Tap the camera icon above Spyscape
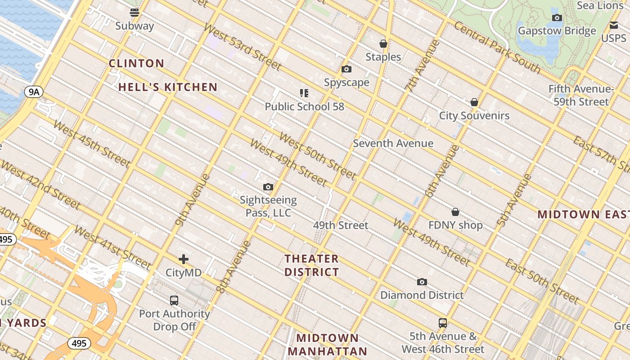[346, 69]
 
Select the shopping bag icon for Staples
[383, 44]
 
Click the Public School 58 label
[304, 107]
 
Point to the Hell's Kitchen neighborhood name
[168, 87]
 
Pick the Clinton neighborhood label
[136, 63]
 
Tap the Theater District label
[311, 265]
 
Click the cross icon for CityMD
[184, 259]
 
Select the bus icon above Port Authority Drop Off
[174, 300]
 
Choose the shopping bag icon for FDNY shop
[455, 212]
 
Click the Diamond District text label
[422, 295]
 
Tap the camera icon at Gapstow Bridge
[557, 18]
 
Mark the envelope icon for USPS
[614, 25]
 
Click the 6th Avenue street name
[442, 171]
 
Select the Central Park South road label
[497, 47]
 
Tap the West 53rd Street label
[242, 46]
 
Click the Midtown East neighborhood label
[583, 214]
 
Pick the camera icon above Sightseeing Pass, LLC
[268, 187]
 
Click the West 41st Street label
[112, 247]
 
